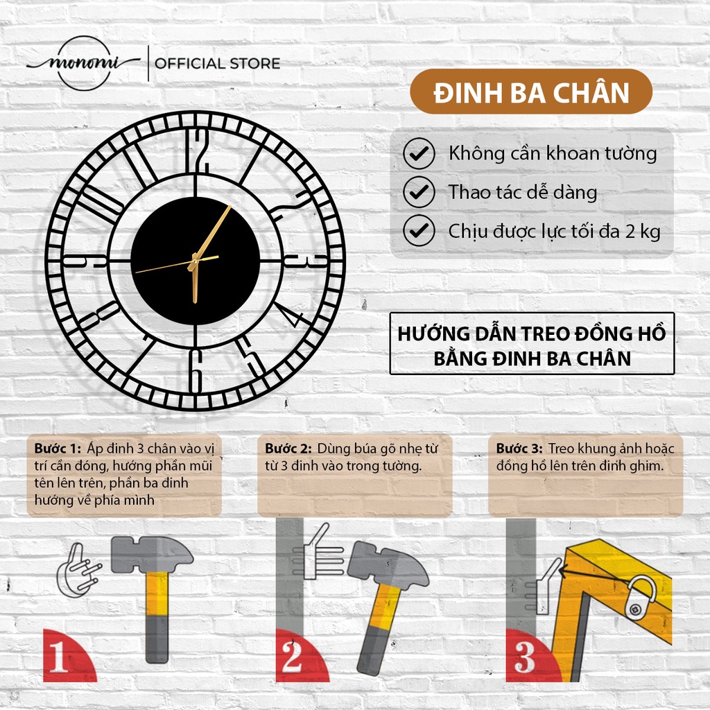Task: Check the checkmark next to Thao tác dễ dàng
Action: [x=419, y=192]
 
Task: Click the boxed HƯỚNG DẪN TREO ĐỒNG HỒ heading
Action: [x=531, y=345]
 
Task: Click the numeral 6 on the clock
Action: [x=196, y=370]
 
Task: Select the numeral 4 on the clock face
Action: [x=291, y=316]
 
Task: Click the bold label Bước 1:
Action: [x=58, y=449]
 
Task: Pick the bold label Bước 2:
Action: [x=288, y=449]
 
